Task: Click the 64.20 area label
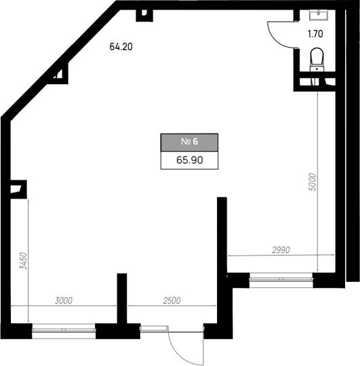pyautogui.click(x=121, y=47)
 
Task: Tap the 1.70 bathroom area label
pyautogui.click(x=315, y=34)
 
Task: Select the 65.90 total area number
pyautogui.click(x=190, y=160)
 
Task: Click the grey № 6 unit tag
pyautogui.click(x=189, y=142)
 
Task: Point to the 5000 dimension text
pyautogui.click(x=313, y=182)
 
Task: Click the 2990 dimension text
pyautogui.click(x=281, y=250)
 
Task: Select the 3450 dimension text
pyautogui.click(x=24, y=261)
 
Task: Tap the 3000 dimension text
pyautogui.click(x=64, y=301)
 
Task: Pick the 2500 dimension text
pyautogui.click(x=172, y=301)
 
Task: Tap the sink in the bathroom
pyautogui.click(x=319, y=15)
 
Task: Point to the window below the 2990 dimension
pyautogui.click(x=281, y=279)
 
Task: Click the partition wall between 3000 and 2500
pyautogui.click(x=122, y=298)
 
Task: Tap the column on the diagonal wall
pyautogui.click(x=58, y=74)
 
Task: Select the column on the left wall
pyautogui.click(x=18, y=189)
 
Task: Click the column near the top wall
pyautogui.click(x=144, y=16)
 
